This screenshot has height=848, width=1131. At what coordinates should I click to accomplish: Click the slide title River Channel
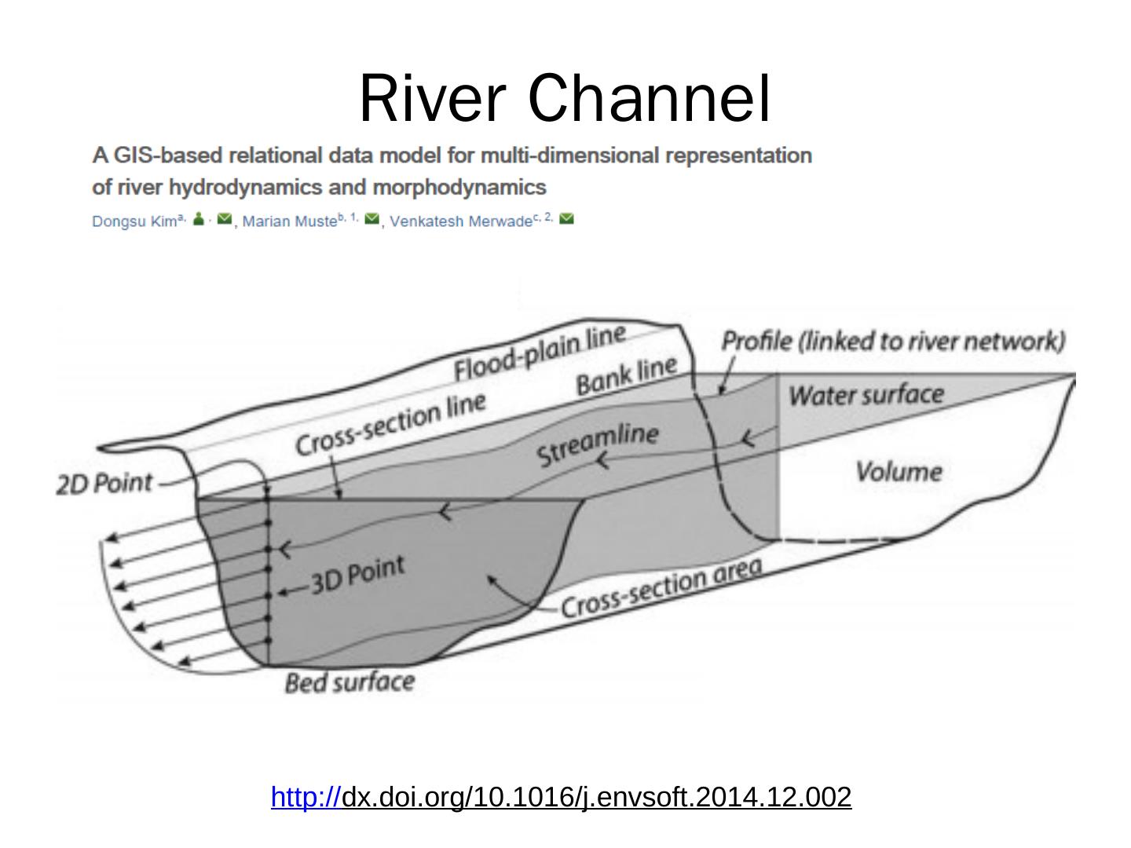point(565,99)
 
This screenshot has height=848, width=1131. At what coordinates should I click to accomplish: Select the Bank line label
point(626,375)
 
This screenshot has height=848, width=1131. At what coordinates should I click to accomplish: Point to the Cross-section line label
point(390,422)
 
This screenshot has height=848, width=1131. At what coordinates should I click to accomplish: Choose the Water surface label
point(866,394)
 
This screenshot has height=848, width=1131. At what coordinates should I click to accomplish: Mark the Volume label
point(898,471)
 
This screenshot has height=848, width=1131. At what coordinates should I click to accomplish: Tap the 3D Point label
point(357,576)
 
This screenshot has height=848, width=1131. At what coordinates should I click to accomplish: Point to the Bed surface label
point(349,682)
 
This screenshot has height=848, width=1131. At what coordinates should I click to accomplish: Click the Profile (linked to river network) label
point(893,341)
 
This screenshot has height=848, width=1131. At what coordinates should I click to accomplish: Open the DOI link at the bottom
point(561,797)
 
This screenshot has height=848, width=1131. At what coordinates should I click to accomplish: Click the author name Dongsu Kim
point(134,221)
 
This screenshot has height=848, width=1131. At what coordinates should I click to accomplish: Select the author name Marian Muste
point(289,221)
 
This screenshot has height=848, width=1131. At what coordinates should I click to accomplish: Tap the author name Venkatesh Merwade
point(460,221)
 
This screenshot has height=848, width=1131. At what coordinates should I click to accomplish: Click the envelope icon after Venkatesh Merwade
point(566,219)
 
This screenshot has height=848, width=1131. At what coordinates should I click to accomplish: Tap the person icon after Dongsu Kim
point(199,219)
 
